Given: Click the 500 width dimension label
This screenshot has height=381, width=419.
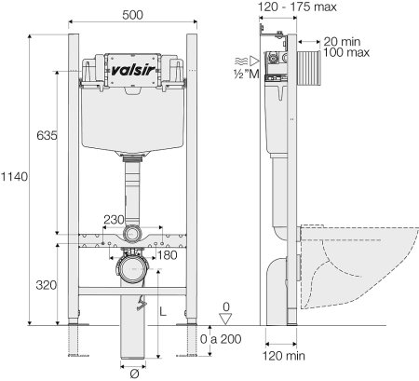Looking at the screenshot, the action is tap(132, 15).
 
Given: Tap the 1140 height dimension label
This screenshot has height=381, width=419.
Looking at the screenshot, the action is tap(14, 177).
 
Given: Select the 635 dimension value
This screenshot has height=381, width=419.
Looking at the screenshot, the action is tap(47, 135).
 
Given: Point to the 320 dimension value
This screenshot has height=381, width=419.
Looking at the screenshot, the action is tap(47, 285).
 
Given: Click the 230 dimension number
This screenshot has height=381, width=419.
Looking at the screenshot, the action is tap(114, 220).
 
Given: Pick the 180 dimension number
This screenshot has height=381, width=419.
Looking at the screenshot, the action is tap(168, 255).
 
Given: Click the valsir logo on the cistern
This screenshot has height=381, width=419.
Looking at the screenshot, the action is tap(133, 71).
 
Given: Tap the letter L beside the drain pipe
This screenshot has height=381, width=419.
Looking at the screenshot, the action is tap(163, 311).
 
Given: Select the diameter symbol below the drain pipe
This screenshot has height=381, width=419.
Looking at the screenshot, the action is tap(134, 374).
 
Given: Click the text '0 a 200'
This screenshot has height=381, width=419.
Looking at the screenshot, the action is tap(221, 339).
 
